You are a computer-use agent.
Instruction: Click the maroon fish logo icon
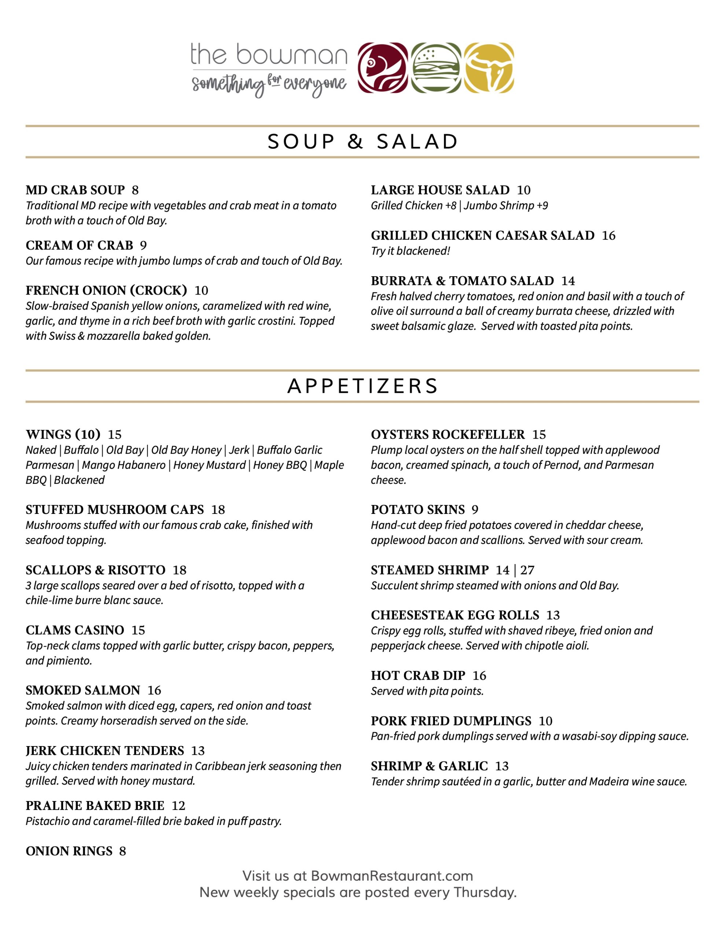click(x=383, y=67)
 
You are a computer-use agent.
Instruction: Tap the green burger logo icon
click(x=436, y=67)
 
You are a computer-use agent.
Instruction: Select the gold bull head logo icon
click(x=489, y=67)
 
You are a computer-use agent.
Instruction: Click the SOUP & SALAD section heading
click(x=363, y=142)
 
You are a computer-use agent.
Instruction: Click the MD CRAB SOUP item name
click(x=75, y=190)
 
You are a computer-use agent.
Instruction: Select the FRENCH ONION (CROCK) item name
click(x=106, y=291)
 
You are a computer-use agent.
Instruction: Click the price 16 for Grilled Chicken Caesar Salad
click(x=608, y=235)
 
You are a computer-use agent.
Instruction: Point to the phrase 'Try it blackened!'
click(x=410, y=251)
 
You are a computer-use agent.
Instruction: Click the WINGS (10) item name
click(x=63, y=434)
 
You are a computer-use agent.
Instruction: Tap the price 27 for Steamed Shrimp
click(x=527, y=570)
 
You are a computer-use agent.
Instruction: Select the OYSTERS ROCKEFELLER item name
click(x=448, y=434)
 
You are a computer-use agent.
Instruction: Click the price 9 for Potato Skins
click(x=475, y=509)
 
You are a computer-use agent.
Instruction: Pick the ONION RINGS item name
click(x=69, y=851)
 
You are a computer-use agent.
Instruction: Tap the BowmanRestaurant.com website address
click(x=391, y=876)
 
